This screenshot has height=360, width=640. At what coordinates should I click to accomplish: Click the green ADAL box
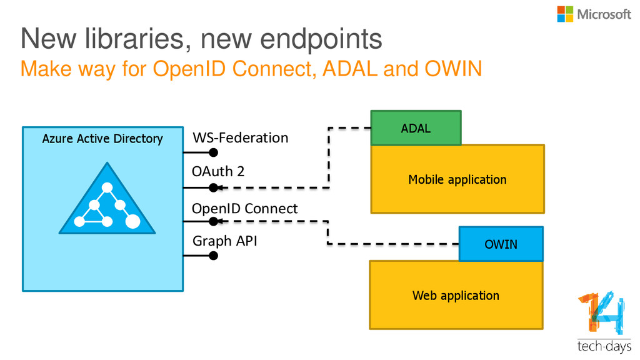(416, 127)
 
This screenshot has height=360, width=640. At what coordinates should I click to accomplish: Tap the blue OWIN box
(501, 244)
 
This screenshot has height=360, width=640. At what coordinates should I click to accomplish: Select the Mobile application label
(457, 179)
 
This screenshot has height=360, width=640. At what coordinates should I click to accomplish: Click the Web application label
(456, 296)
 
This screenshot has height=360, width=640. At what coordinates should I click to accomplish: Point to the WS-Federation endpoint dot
(213, 152)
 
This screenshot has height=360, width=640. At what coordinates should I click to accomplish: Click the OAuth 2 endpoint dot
(213, 187)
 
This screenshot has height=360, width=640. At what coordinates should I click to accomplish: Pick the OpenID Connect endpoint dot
(213, 222)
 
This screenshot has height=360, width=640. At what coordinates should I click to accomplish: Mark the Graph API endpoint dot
(213, 256)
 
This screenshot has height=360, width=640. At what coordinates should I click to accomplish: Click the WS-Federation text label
(241, 137)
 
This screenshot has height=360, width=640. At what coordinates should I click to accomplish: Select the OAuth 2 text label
(218, 171)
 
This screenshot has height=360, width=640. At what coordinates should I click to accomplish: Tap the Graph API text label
(225, 241)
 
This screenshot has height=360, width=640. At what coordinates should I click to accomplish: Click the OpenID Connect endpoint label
(244, 209)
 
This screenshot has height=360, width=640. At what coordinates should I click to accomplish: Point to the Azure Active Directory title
(102, 139)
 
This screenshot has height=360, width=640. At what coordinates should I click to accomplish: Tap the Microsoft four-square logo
(565, 14)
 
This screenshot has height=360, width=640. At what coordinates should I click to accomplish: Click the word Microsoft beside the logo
(604, 14)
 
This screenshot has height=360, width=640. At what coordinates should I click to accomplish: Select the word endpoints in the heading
(321, 39)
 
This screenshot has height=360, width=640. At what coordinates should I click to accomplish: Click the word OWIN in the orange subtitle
(454, 69)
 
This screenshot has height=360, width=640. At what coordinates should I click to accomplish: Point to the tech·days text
(604, 346)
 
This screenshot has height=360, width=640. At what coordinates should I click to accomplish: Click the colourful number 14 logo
(602, 312)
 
